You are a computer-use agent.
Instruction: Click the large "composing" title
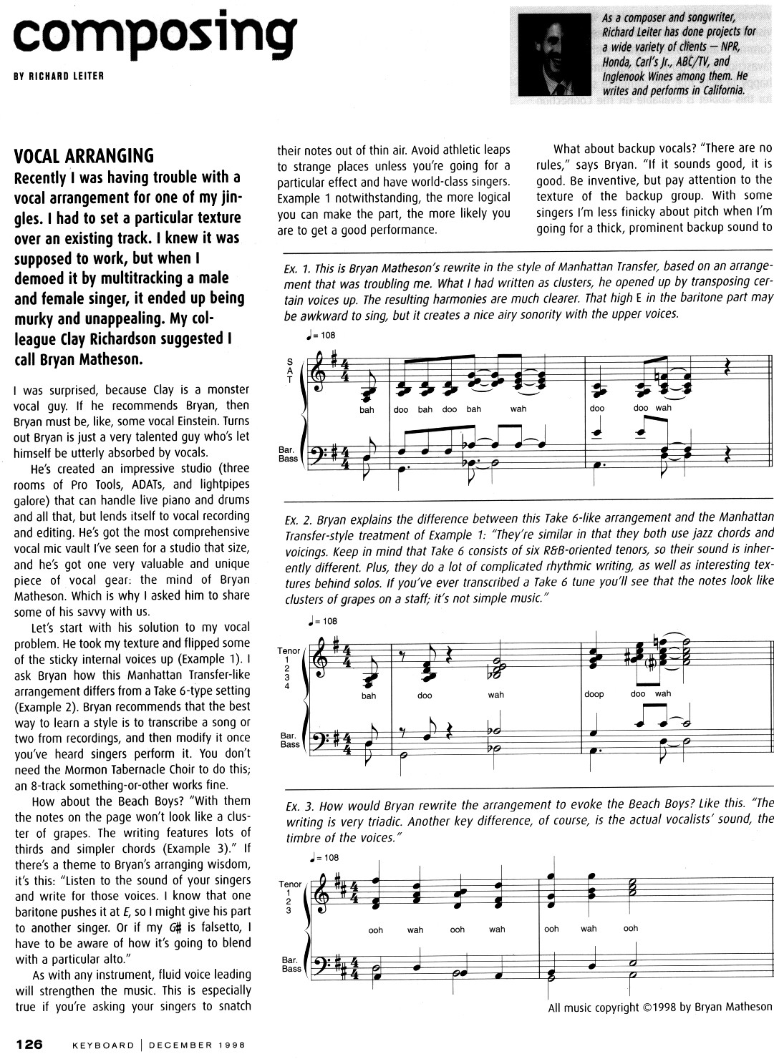[x=154, y=32]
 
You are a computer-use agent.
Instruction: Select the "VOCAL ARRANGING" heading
[x=84, y=156]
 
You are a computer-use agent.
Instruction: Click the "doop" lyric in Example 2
[x=594, y=694]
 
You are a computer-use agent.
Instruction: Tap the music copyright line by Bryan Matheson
[x=659, y=1007]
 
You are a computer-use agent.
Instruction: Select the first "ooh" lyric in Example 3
[x=375, y=930]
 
